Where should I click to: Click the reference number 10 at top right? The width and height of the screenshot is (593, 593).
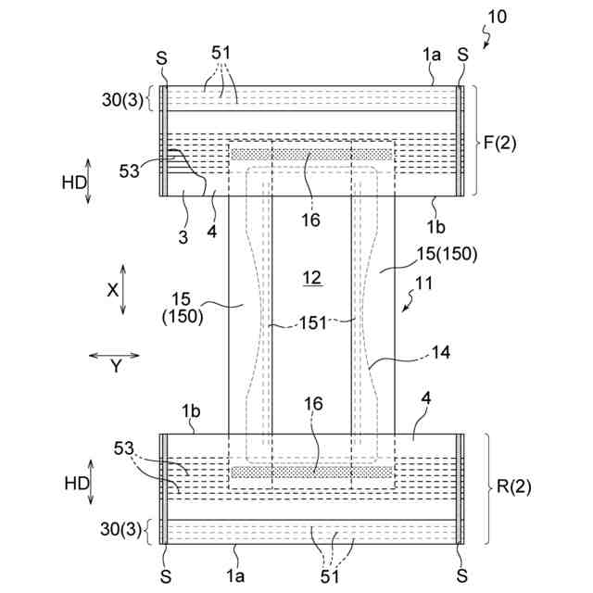point(497,16)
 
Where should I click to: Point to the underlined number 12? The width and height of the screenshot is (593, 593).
point(311,277)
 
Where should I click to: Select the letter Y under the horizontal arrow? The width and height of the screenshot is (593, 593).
point(116,367)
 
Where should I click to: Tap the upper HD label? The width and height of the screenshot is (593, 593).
point(74,183)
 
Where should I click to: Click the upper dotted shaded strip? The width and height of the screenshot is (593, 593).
point(311,154)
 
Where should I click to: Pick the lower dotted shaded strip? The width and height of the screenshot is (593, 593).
point(311,472)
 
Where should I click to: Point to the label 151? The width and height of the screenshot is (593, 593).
point(311,322)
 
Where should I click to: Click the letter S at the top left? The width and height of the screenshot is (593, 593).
point(163,57)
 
